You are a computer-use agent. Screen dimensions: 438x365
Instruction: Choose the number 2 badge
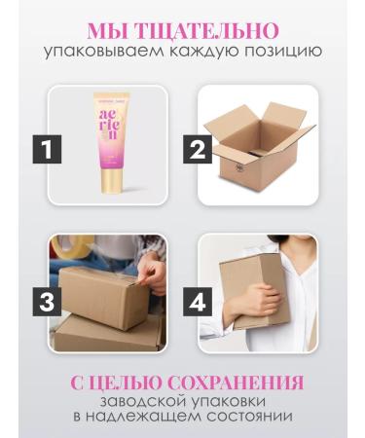click(199, 150)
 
